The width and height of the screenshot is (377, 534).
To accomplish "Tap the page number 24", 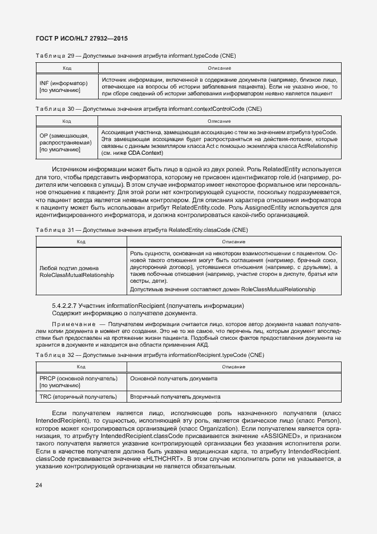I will pos(39,485).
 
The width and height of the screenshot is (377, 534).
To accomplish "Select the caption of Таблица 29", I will pos(135,56).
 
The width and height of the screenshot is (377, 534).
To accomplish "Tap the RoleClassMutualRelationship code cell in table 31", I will pos(77,271).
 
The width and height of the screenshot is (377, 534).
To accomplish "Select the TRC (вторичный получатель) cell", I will pos(79,396).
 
